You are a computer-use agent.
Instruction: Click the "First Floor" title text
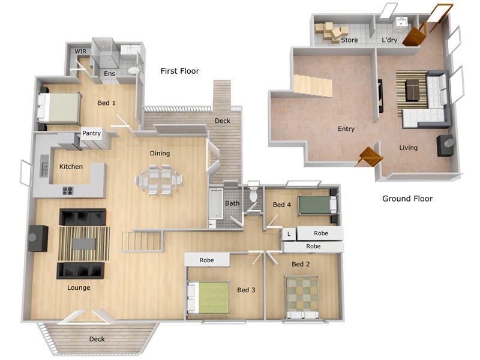click(179, 71)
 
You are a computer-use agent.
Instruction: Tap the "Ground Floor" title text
click(407, 199)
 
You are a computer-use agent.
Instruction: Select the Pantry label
click(91, 133)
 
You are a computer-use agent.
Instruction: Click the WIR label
click(80, 52)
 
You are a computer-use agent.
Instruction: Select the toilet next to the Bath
click(253, 194)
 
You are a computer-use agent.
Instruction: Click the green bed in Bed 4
click(317, 205)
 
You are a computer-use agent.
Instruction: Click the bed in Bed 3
click(210, 298)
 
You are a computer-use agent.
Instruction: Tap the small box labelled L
click(289, 233)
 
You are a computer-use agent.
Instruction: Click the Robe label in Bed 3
click(207, 260)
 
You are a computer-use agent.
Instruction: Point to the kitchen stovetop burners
click(68, 191)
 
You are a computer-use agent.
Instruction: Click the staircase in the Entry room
click(313, 85)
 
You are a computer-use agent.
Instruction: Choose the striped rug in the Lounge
click(84, 243)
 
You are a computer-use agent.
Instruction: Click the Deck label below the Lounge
click(97, 339)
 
